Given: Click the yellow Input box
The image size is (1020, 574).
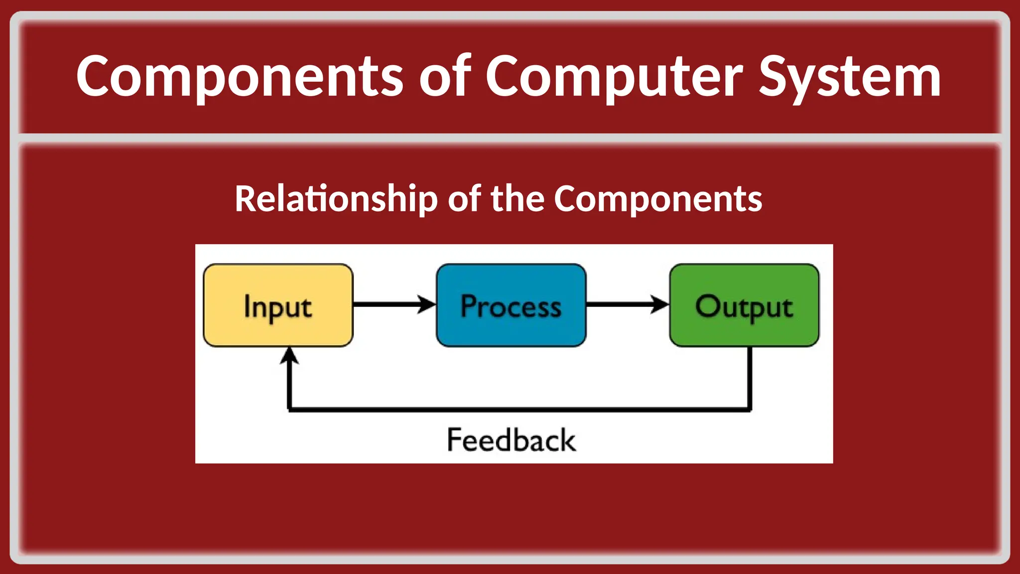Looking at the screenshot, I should click(x=278, y=305).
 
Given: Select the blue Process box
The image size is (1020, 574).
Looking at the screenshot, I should click(x=511, y=305).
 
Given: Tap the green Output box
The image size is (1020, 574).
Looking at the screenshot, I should click(x=744, y=305).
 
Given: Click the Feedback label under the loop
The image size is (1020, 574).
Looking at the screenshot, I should click(x=511, y=440).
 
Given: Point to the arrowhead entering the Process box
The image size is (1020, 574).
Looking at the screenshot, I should click(x=427, y=304).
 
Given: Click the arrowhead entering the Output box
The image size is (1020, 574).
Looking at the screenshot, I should click(x=660, y=304).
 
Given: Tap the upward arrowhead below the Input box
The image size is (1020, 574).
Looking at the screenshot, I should click(x=289, y=356).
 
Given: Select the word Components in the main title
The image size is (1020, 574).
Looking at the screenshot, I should click(x=239, y=77).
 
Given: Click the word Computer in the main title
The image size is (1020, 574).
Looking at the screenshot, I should click(x=614, y=77).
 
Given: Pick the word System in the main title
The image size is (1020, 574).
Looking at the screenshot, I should click(x=850, y=77).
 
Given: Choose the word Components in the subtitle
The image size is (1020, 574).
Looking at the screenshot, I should click(x=657, y=199).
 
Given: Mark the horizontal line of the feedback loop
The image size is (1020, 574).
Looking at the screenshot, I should click(x=518, y=409).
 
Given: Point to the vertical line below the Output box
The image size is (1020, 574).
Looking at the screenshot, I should click(x=750, y=379).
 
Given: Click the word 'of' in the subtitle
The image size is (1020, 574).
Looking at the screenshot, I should click(x=464, y=199).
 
